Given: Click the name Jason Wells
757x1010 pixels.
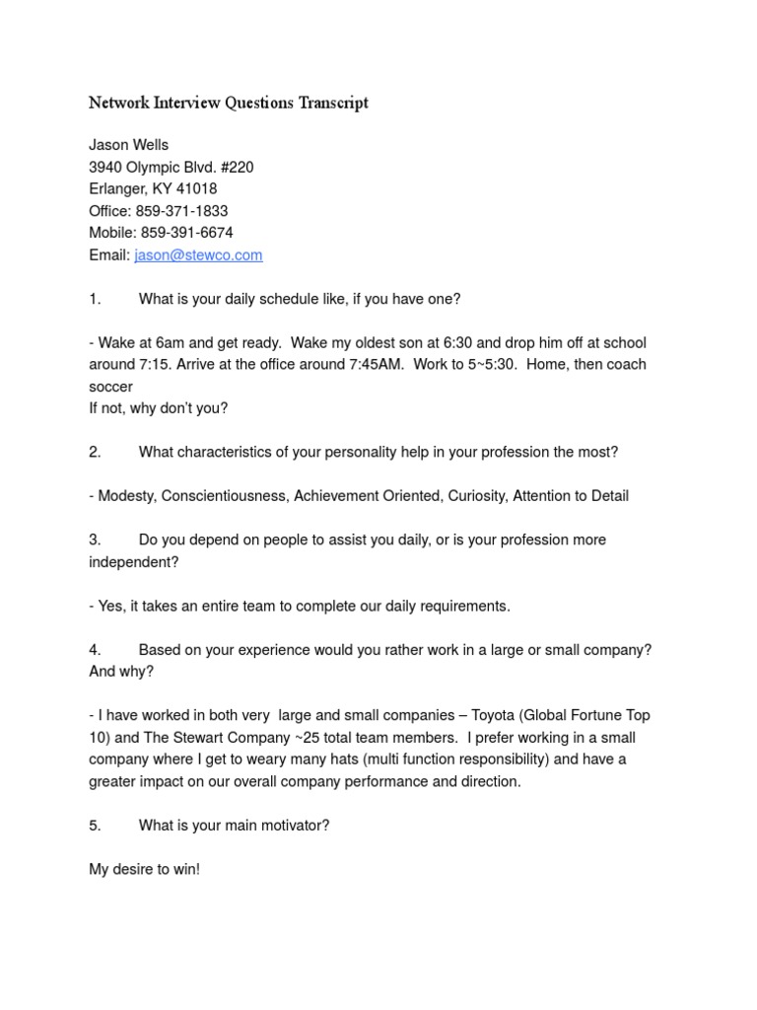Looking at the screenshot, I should click(128, 145).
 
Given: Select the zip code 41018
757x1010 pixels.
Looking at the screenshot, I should click(197, 189).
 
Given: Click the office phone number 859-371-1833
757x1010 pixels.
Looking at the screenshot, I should click(181, 211).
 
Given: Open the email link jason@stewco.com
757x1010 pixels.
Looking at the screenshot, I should click(198, 255).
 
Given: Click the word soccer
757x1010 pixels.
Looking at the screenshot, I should click(110, 387).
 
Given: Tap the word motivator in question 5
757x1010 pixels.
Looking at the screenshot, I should click(291, 825).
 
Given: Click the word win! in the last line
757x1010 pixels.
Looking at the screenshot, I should click(183, 869).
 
